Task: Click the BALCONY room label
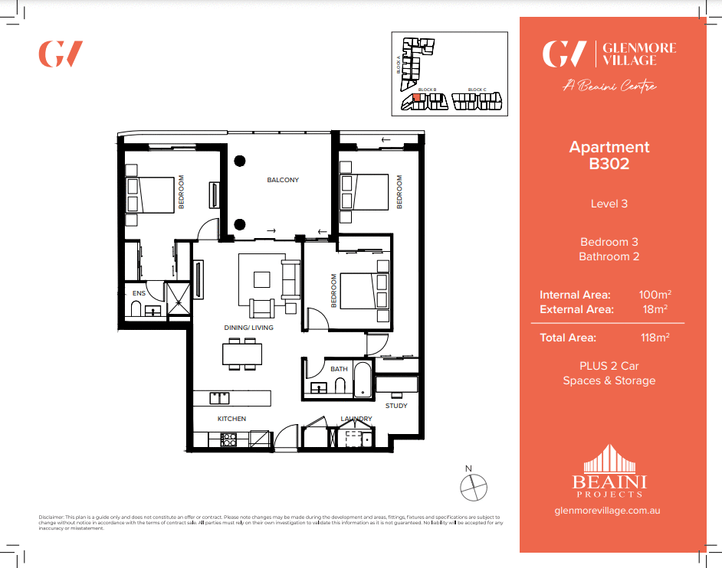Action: point(283,181)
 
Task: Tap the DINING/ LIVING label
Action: point(248,328)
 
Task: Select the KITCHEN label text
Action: point(231,419)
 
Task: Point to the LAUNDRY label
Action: point(356,419)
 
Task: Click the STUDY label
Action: point(396,406)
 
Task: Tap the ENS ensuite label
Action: point(139,293)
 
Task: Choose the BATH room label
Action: point(339,369)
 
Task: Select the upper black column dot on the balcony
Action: point(240,161)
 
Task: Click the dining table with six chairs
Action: point(242,354)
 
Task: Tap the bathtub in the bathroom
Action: point(363,380)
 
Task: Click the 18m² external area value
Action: point(655,309)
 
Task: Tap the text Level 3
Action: point(609,204)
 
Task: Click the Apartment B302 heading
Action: point(609,155)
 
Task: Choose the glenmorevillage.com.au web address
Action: point(609,510)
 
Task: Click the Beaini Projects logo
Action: point(609,472)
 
